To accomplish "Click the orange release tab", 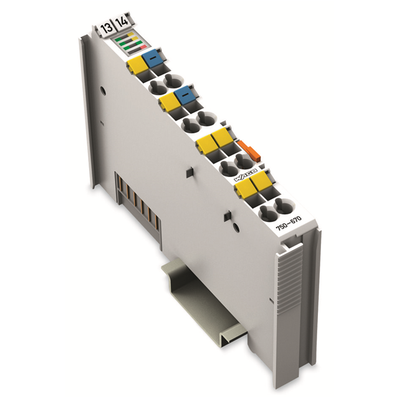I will coord(247,150).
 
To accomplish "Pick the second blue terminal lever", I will coord(185,95).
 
